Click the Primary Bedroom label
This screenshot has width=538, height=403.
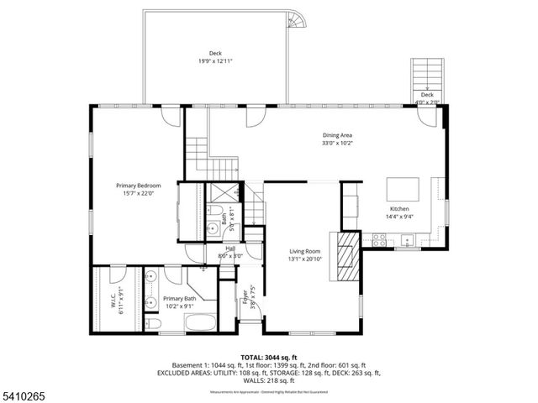click(x=138, y=185)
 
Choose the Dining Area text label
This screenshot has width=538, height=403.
click(x=337, y=135)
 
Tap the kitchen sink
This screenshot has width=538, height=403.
click(x=408, y=239)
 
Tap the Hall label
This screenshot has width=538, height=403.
click(x=229, y=249)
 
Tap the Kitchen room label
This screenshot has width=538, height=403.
click(x=398, y=208)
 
